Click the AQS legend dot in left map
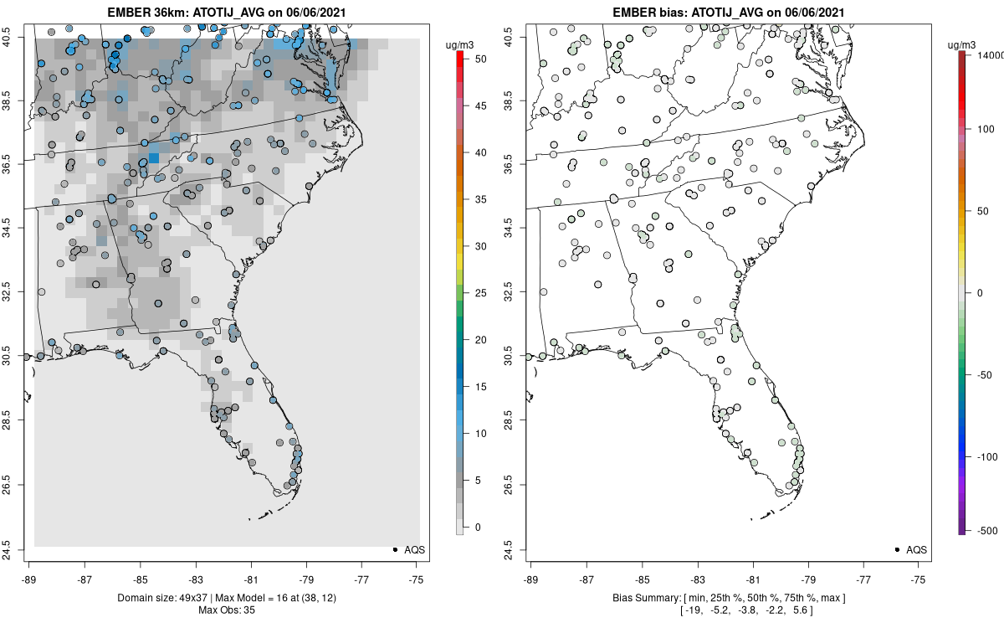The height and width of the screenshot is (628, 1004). coord(394,549)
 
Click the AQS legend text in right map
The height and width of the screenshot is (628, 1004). coord(916,549)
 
